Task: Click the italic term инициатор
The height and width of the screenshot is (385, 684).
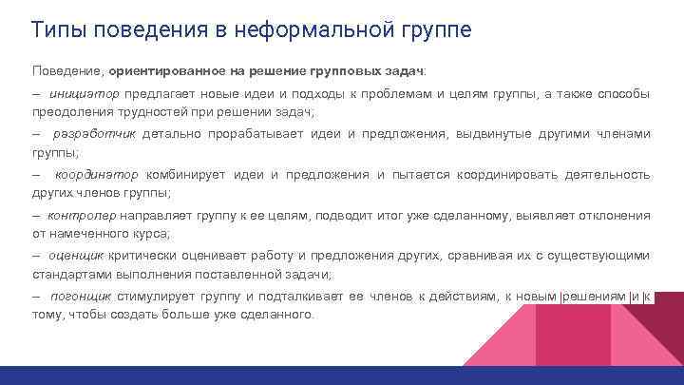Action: (x=83, y=94)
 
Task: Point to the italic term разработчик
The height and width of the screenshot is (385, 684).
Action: (x=95, y=134)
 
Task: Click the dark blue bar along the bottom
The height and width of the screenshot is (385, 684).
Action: (x=342, y=375)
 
